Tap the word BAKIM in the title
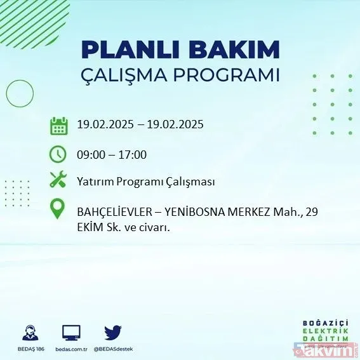(x=238, y=50)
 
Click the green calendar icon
(x=58, y=125)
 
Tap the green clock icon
(x=58, y=154)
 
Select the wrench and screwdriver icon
(x=58, y=181)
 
